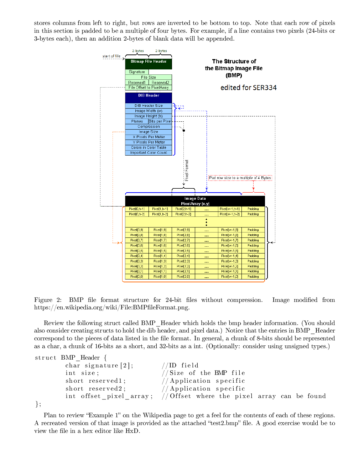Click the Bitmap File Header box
149,63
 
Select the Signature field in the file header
137,72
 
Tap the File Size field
149,77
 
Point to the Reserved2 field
160,83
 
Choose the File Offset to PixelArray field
149,88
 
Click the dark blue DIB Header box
149,97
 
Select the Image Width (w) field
149,111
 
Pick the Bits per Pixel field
160,121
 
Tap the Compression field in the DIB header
149,127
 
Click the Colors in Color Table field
149,147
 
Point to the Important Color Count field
149,153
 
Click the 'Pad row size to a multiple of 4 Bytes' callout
240,178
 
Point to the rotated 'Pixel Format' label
187,170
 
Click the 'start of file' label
111,56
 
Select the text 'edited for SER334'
249,88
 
